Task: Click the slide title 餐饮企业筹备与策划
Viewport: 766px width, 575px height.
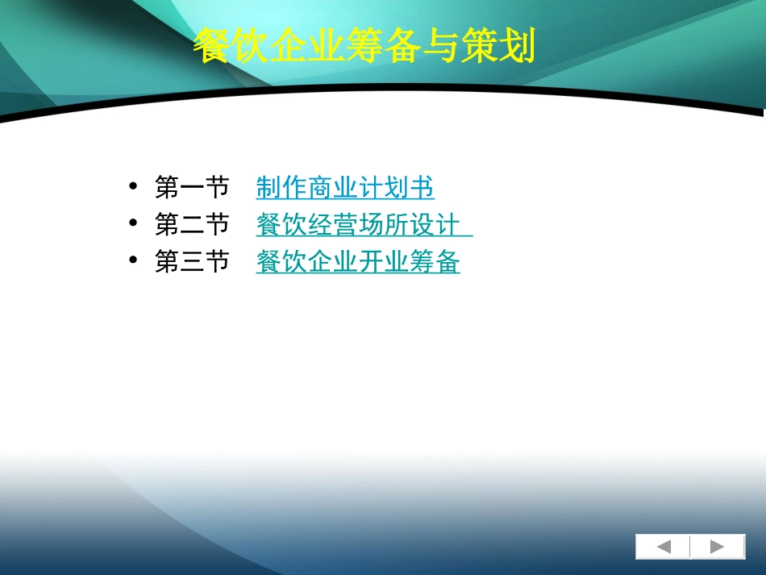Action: pos(364,48)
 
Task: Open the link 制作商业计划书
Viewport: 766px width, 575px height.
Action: pos(345,187)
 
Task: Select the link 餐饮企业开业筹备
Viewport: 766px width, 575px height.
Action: pos(358,261)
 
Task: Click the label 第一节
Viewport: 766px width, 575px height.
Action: pos(192,187)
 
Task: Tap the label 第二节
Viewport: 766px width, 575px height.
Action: pos(192,224)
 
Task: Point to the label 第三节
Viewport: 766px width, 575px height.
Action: pos(192,261)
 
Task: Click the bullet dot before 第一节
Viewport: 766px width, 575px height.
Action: pos(133,187)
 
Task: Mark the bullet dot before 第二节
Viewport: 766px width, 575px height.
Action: pos(133,224)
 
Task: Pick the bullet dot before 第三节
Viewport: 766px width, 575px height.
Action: pos(133,261)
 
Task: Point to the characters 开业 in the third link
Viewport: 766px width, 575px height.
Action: pos(384,261)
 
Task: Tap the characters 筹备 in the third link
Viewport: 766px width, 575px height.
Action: pos(435,261)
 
